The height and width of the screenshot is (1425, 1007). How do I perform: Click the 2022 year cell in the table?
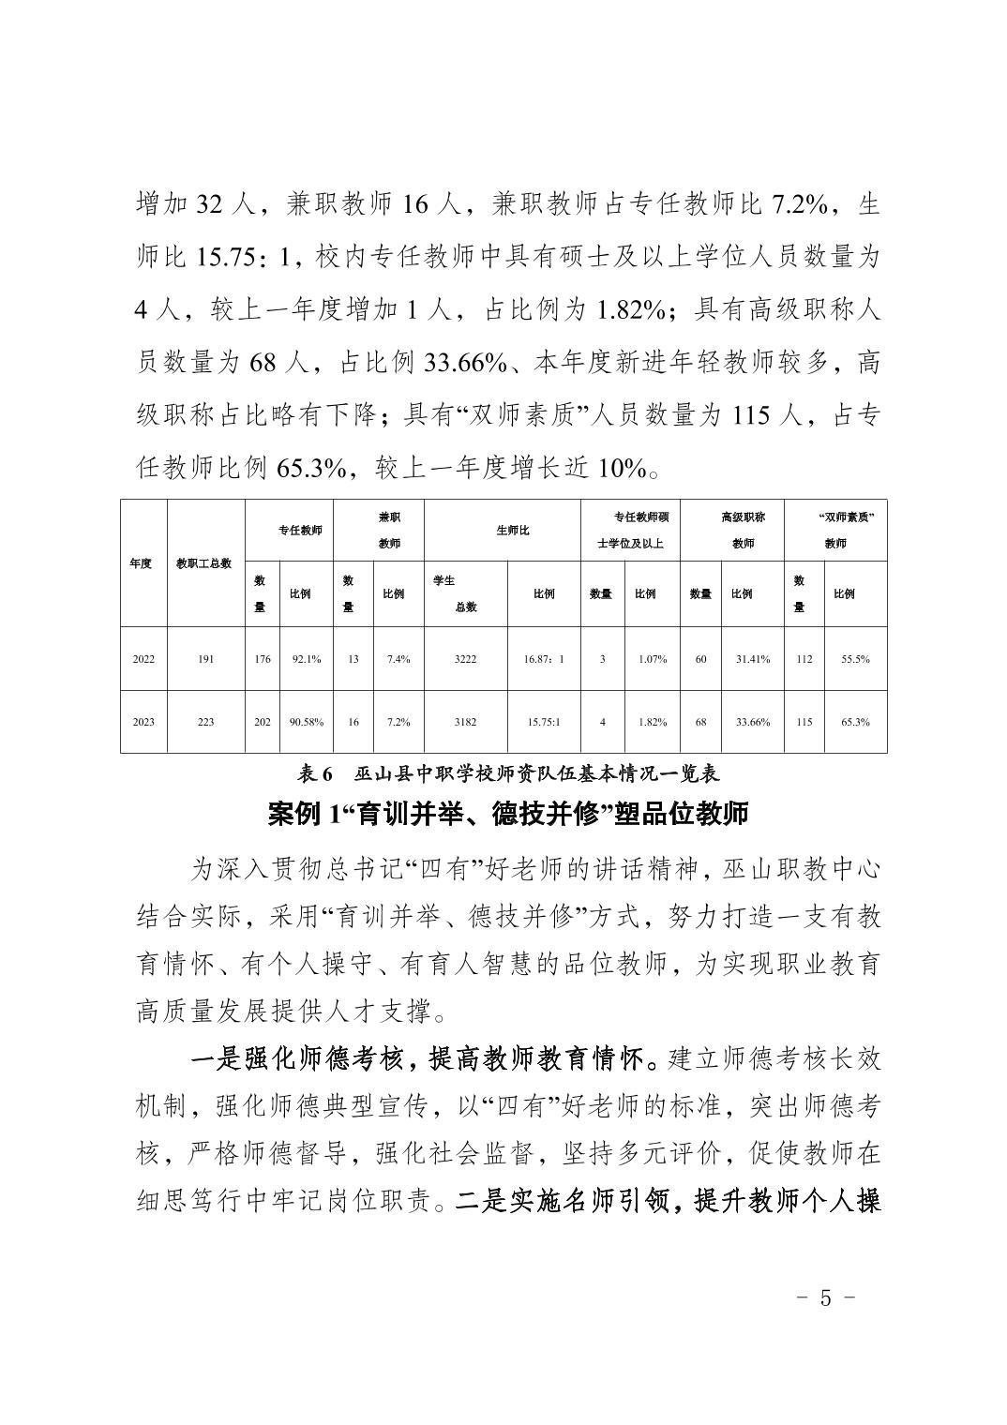pos(143,659)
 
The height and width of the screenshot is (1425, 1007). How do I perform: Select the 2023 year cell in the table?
pos(143,722)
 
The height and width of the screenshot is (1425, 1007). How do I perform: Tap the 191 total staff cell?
pos(206,659)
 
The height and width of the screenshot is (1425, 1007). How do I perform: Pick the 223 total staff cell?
pos(206,722)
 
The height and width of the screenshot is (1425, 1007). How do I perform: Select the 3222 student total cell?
pos(465,659)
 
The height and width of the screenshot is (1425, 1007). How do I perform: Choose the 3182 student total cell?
pos(465,722)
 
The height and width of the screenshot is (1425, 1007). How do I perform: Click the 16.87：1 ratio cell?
pos(544,659)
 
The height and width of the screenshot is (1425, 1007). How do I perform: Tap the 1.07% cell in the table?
pos(653,659)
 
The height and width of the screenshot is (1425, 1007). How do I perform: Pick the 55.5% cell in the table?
pos(855,659)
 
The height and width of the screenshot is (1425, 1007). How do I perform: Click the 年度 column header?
pos(141,563)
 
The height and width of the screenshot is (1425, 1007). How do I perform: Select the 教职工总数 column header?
pos(204,563)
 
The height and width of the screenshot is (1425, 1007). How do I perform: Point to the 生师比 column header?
pos(512,531)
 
